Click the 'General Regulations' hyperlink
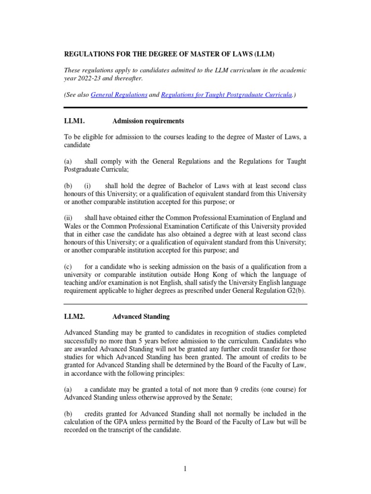pos(119,95)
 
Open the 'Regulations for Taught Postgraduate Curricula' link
pos(226,95)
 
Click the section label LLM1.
pos(74,121)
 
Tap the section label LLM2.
pos(74,316)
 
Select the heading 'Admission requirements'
pos(148,121)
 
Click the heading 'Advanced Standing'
pos(141,316)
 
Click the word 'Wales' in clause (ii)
pos(72,226)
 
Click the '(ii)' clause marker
pos(70,218)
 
